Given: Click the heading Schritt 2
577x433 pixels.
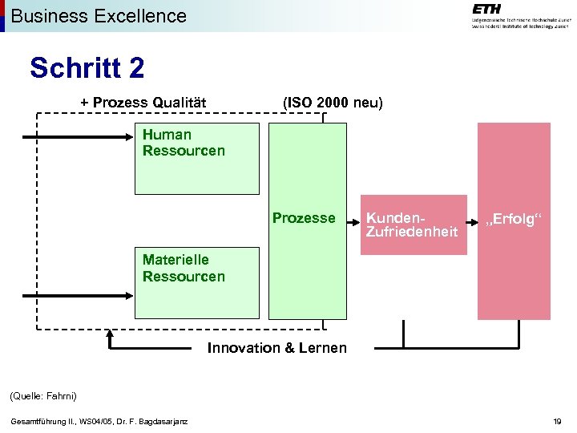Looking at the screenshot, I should [87, 68].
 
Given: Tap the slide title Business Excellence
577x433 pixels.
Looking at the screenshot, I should [99, 15].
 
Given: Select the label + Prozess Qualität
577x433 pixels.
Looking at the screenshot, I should [143, 103].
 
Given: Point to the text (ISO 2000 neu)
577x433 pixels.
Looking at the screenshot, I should [333, 103].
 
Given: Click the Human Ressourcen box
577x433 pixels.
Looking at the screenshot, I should [197, 159].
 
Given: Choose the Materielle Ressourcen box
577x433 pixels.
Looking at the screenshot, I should [197, 283].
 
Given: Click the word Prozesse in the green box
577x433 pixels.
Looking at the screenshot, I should [304, 218].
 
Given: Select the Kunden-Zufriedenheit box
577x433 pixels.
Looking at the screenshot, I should [413, 225].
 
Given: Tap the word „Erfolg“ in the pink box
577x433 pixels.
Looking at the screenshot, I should [513, 221].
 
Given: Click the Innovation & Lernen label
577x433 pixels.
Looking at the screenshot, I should [277, 348].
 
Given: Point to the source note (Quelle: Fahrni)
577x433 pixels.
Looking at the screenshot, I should [42, 396].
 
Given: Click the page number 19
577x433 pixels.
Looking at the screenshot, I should [557, 422].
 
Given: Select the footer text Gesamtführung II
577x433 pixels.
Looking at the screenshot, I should [98, 422].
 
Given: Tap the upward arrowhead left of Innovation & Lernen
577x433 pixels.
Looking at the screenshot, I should [110, 336].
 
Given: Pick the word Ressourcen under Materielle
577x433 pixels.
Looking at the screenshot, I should [184, 277].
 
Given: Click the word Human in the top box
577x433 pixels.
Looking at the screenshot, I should [167, 135].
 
